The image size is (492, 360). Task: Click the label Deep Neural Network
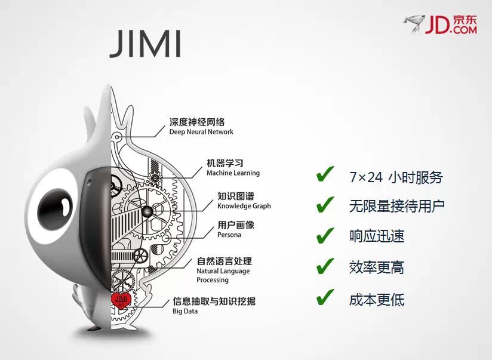(x=201, y=132)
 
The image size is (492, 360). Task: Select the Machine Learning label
(x=233, y=173)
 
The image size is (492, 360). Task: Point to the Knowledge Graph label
(x=244, y=206)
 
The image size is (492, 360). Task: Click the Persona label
(x=229, y=235)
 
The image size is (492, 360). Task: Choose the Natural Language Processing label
(x=223, y=275)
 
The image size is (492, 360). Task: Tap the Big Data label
(x=185, y=311)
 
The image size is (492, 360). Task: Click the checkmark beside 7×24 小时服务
(x=325, y=176)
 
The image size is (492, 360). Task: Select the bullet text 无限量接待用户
(x=397, y=206)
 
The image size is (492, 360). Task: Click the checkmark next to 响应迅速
(x=325, y=235)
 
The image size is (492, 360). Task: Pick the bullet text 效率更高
(x=377, y=267)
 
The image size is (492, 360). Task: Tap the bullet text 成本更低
(x=377, y=299)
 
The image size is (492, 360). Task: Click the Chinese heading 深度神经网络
(x=197, y=122)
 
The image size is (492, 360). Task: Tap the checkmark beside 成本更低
(x=325, y=297)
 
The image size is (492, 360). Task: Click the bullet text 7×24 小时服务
(x=396, y=177)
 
